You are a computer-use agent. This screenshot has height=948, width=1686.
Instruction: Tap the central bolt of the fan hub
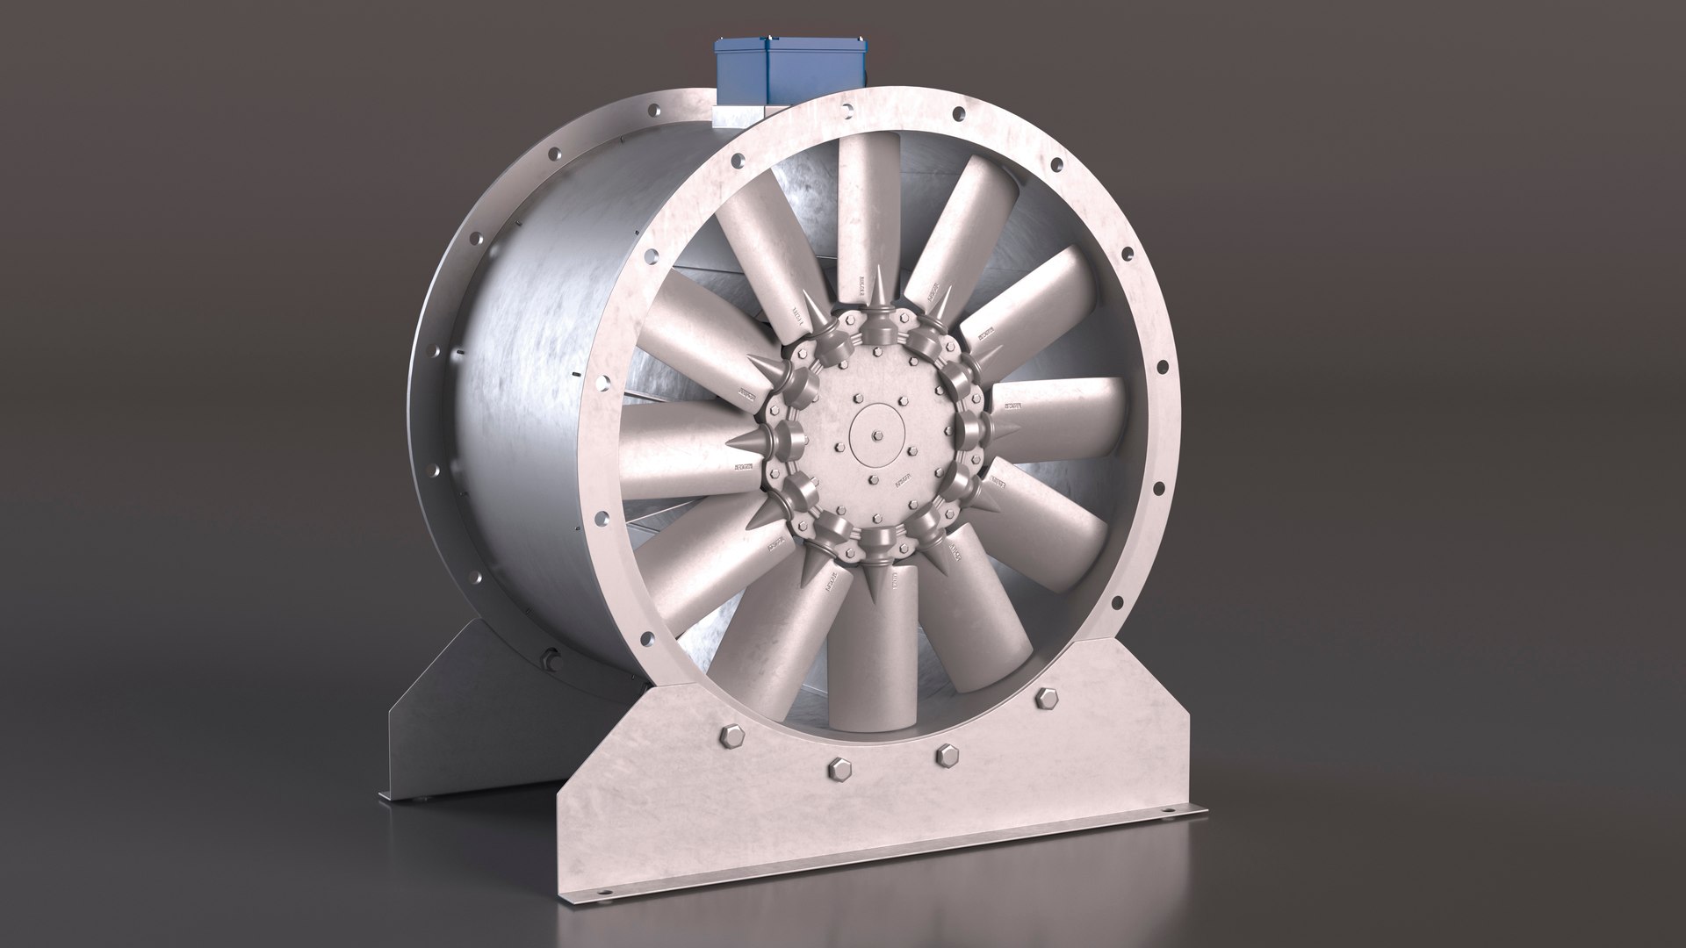tap(877, 434)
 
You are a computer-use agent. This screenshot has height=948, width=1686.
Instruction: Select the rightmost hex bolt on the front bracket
tap(1045, 697)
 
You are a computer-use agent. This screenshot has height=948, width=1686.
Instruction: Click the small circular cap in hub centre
tap(877, 434)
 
